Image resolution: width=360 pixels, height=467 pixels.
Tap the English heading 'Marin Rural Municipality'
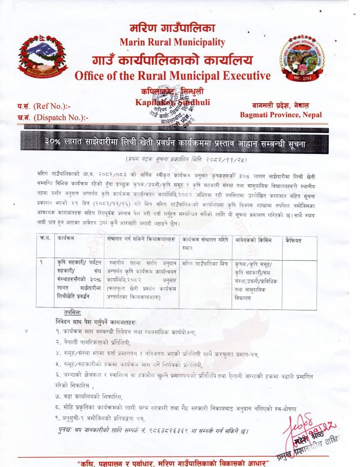click(172, 42)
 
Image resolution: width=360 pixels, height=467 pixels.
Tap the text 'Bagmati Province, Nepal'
click(280, 114)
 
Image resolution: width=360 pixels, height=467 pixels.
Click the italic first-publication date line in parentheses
click(180, 159)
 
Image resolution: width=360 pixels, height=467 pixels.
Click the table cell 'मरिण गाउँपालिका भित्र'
click(205, 263)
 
